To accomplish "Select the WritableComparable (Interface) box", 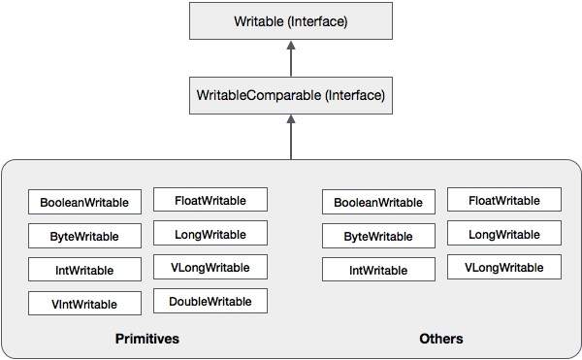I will coord(291,96).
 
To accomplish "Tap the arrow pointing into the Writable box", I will coord(291,59).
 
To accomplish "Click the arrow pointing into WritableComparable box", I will coord(291,136).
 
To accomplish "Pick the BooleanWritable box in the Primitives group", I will coord(85,202).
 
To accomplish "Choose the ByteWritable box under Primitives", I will coord(85,236).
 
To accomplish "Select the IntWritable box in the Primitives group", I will coord(85,269).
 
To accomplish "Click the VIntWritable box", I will coord(85,303).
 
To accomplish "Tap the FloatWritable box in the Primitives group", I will coord(210,200).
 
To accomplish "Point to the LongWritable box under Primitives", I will coord(210,234).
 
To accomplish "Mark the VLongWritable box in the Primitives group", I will coord(210,267).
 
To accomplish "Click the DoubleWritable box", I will coord(210,301).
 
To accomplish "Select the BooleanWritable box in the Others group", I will coord(378,202).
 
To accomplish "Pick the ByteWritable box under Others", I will coord(378,236).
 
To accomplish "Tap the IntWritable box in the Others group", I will coord(378,269).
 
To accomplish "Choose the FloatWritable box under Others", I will coord(503,200).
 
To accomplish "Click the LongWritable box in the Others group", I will coord(503,234).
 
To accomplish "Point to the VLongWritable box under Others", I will coord(503,267).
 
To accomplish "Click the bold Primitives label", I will coord(147,339).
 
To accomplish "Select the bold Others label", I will coord(441,339).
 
